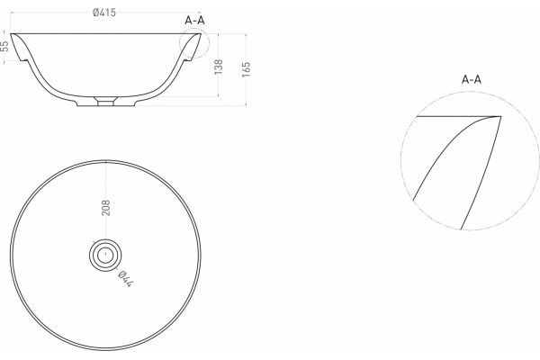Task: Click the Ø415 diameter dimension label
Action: pos(104,13)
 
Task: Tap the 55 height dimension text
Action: pos(4,46)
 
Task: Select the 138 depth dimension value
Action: pos(219,67)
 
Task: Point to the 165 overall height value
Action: pos(246,69)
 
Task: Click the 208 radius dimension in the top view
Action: pos(105,208)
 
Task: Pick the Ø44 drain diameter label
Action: pos(125,279)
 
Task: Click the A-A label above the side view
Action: pos(194,21)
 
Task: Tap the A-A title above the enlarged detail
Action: pos(471,79)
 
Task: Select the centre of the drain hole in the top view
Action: pos(105,256)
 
